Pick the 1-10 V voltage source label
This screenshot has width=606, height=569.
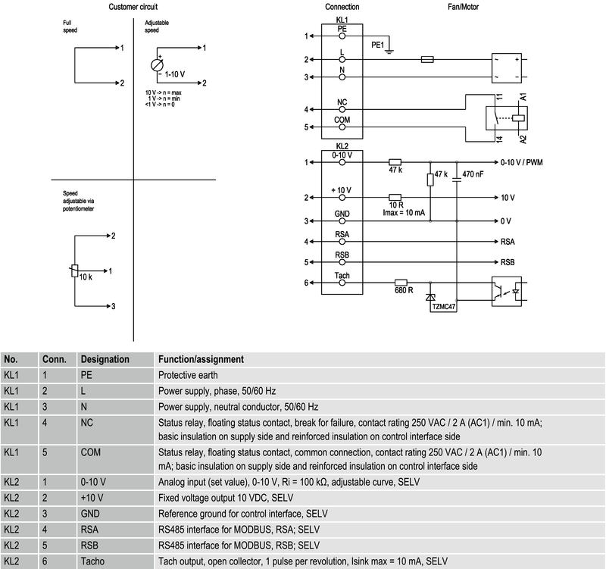pos(176,76)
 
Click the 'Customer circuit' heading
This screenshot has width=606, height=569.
pos(134,7)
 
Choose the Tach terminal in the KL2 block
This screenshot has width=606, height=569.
pos(342,275)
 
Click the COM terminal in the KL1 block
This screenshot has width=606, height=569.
pos(342,120)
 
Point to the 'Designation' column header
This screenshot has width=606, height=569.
pos(105,358)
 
